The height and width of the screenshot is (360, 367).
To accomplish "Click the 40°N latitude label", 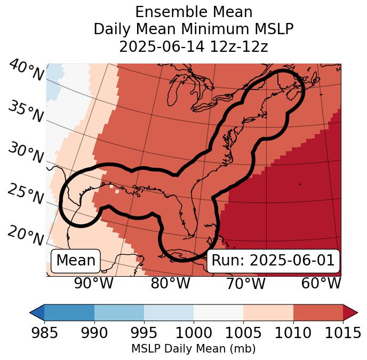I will (x=26, y=71).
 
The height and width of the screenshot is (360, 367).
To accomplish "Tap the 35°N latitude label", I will (x=26, y=111).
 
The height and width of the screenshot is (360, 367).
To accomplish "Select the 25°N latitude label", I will (x=26, y=194).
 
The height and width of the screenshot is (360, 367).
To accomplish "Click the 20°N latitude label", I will (x=26, y=235).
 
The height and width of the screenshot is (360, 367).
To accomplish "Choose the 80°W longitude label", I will (x=170, y=284).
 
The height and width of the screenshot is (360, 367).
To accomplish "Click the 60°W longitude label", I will (x=321, y=284).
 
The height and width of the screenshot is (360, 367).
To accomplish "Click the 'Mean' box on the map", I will (x=76, y=261).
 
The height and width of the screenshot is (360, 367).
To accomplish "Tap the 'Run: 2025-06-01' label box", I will (x=273, y=261).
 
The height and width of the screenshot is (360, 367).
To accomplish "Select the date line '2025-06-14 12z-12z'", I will (x=194, y=46).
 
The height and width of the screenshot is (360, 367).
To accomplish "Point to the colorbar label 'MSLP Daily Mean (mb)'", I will (x=194, y=349).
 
